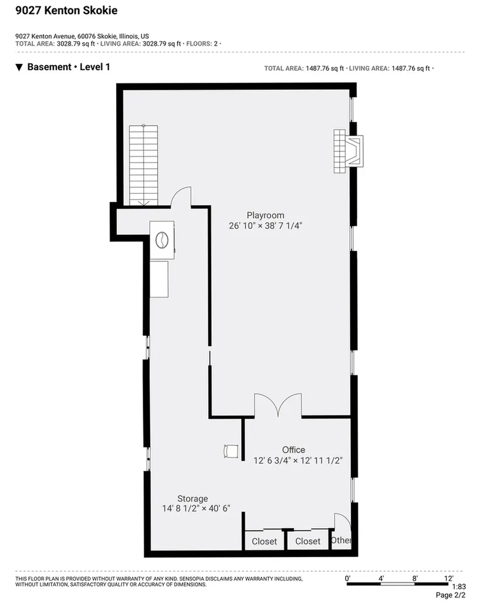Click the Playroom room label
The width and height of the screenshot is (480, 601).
point(265,215)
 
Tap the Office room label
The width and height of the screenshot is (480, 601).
point(293,450)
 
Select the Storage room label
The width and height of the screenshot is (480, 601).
point(192,499)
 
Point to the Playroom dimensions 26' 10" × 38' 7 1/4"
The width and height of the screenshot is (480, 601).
point(265,226)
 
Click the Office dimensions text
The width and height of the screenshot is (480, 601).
point(298,460)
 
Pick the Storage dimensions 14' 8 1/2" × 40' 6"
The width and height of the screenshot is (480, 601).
point(196,509)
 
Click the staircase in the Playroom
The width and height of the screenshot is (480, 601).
point(143,165)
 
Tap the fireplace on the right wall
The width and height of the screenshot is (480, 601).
point(348,151)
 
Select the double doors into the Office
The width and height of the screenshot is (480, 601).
point(278,405)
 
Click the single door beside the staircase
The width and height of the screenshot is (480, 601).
point(181,197)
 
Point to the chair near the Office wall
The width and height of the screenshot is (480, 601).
point(231,451)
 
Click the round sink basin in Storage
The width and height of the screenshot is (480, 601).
point(162,240)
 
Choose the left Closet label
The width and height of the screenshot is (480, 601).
point(264,541)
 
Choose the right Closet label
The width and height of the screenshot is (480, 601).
point(307,541)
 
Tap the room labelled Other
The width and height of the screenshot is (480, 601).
point(340,540)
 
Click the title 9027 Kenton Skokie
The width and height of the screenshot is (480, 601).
point(66,11)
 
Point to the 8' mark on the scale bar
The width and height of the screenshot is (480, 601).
point(415,578)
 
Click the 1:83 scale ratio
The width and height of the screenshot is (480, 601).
point(459,587)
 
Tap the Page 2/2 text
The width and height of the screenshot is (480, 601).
point(451,595)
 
